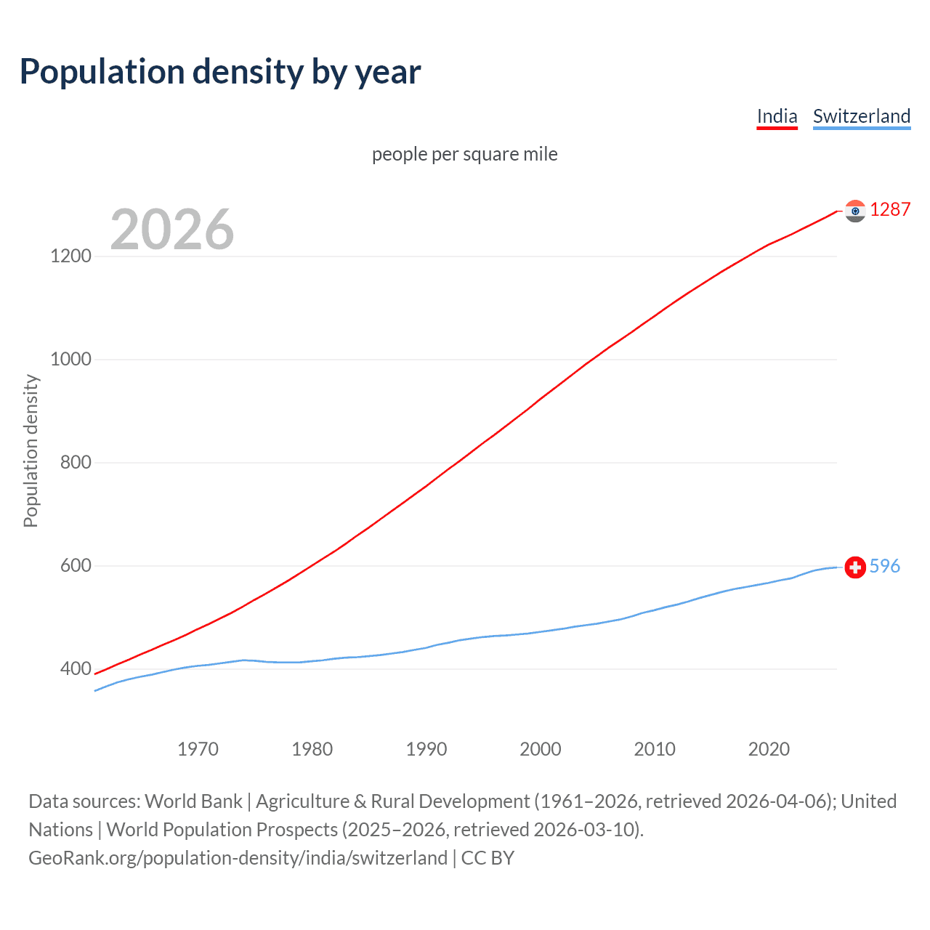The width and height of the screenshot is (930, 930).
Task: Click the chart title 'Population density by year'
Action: point(220,72)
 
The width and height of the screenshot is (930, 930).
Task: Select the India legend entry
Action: point(777,116)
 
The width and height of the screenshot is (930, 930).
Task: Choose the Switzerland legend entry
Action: point(861,116)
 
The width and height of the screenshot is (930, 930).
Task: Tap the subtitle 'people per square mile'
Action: point(464,155)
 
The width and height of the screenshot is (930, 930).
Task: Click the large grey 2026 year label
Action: point(172,230)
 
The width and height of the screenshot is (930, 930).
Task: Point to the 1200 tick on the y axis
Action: point(70,256)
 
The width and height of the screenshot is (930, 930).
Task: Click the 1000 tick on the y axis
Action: point(70,360)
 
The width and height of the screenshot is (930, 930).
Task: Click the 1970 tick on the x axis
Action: point(198,749)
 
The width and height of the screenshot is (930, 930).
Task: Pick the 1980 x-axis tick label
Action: point(312,749)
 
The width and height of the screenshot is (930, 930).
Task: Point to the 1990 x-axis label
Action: point(426,749)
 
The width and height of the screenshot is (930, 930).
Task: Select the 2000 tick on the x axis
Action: point(541,749)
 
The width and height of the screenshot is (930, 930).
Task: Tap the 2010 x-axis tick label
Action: point(655,749)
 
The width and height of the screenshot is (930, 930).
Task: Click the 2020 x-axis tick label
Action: point(769,749)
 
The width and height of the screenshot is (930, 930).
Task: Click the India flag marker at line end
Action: point(855,211)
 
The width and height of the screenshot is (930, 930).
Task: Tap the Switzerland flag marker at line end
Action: point(855,567)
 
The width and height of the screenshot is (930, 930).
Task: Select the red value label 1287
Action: point(890,210)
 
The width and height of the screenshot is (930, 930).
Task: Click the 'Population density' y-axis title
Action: point(31,450)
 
